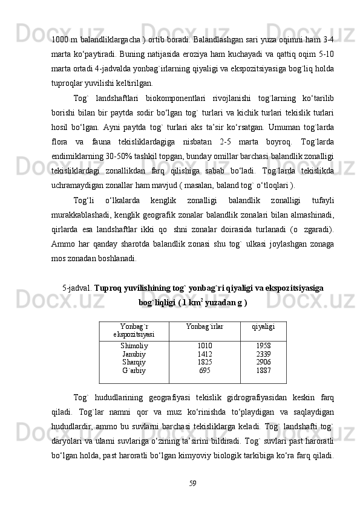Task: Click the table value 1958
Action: (263, 346)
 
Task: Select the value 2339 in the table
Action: (263, 354)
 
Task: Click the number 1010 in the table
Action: (205, 346)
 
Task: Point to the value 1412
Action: (205, 354)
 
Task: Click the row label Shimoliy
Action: (134, 346)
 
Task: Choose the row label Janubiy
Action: (134, 354)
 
